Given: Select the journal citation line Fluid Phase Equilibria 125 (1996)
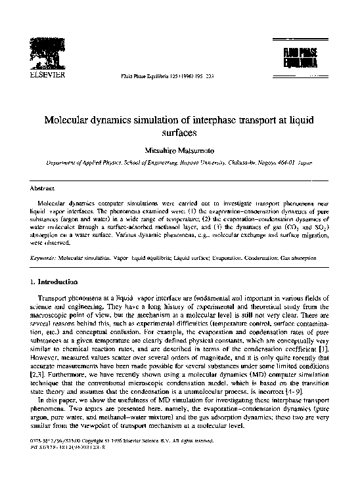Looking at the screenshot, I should tap(155, 77).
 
